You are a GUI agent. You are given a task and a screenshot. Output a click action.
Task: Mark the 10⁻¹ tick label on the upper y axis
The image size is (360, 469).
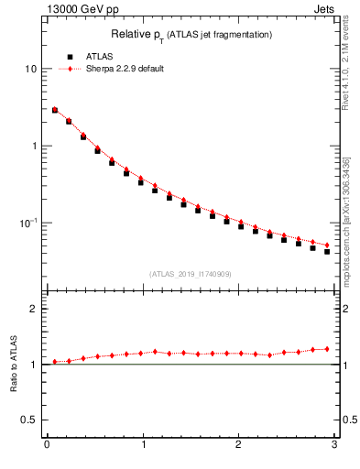[28, 223]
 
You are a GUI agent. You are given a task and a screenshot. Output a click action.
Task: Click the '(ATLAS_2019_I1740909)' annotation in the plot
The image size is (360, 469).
[190, 273]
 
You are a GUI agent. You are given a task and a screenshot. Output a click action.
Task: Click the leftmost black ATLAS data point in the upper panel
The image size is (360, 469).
[55, 110]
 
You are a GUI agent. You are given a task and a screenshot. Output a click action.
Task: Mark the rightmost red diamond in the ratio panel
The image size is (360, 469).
[327, 349]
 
